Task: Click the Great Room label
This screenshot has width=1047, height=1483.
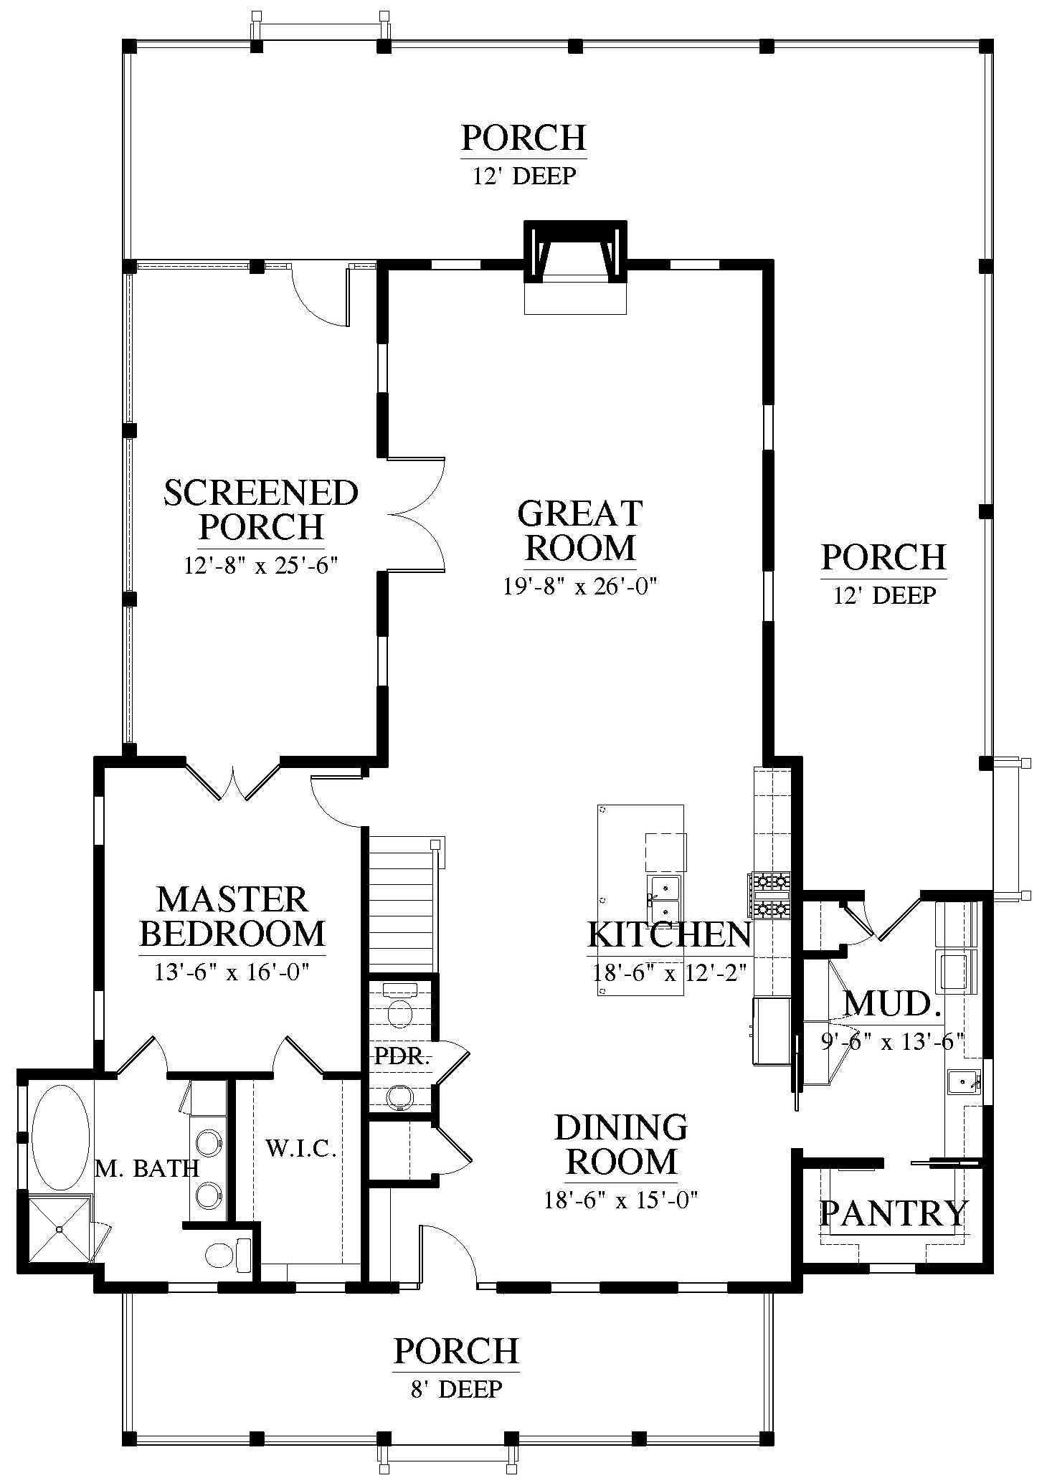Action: [580, 531]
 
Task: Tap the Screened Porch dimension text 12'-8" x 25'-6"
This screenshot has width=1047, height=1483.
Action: [261, 566]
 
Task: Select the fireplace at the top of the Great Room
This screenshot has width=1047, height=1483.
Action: [576, 266]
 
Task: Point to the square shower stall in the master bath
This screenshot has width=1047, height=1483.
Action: [60, 1228]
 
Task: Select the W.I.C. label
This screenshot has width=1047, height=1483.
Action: [301, 1149]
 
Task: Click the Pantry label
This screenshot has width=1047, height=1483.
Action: [894, 1213]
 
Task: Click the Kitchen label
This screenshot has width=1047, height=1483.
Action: [669, 934]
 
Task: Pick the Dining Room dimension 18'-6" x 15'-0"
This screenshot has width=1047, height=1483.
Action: [621, 1200]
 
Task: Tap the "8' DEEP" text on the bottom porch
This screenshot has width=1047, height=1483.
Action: [456, 1389]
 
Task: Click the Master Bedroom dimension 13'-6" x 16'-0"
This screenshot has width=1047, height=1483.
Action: [232, 972]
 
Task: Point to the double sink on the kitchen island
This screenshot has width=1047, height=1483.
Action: [664, 900]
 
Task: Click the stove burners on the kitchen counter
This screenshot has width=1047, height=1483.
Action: [770, 895]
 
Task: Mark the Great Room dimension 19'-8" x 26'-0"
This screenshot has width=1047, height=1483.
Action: [580, 586]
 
